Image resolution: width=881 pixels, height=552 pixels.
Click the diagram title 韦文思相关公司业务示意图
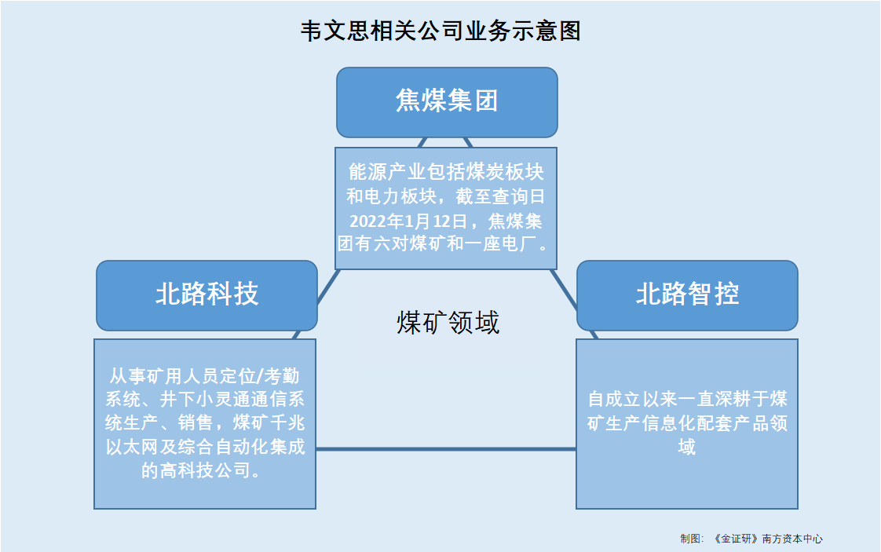[440, 31]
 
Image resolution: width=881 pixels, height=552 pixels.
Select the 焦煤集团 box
[447, 102]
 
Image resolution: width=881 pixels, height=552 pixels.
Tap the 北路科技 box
[207, 295]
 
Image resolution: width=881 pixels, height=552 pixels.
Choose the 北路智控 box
[687, 295]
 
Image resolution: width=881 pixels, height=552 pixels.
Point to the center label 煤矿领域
[448, 323]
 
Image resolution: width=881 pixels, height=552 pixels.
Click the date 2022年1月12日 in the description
[408, 221]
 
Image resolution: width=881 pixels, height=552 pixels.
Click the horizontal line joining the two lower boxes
[446, 449]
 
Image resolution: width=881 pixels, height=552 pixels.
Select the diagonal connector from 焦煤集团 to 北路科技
[329, 287]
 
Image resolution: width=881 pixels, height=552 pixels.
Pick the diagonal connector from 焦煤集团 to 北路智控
[564, 290]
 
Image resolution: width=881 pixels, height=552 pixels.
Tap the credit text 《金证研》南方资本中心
[767, 539]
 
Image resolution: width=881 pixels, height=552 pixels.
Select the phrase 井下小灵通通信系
[232, 399]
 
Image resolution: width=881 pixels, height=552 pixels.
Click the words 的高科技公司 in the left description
[196, 470]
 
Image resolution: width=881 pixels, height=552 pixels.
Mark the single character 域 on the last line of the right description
[686, 447]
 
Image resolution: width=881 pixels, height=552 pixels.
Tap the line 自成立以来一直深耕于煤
[687, 399]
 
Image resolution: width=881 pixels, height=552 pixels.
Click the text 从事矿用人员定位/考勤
[204, 375]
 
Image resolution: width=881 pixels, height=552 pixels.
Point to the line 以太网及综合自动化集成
[205, 447]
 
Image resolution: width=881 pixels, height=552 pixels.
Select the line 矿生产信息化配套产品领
[687, 423]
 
